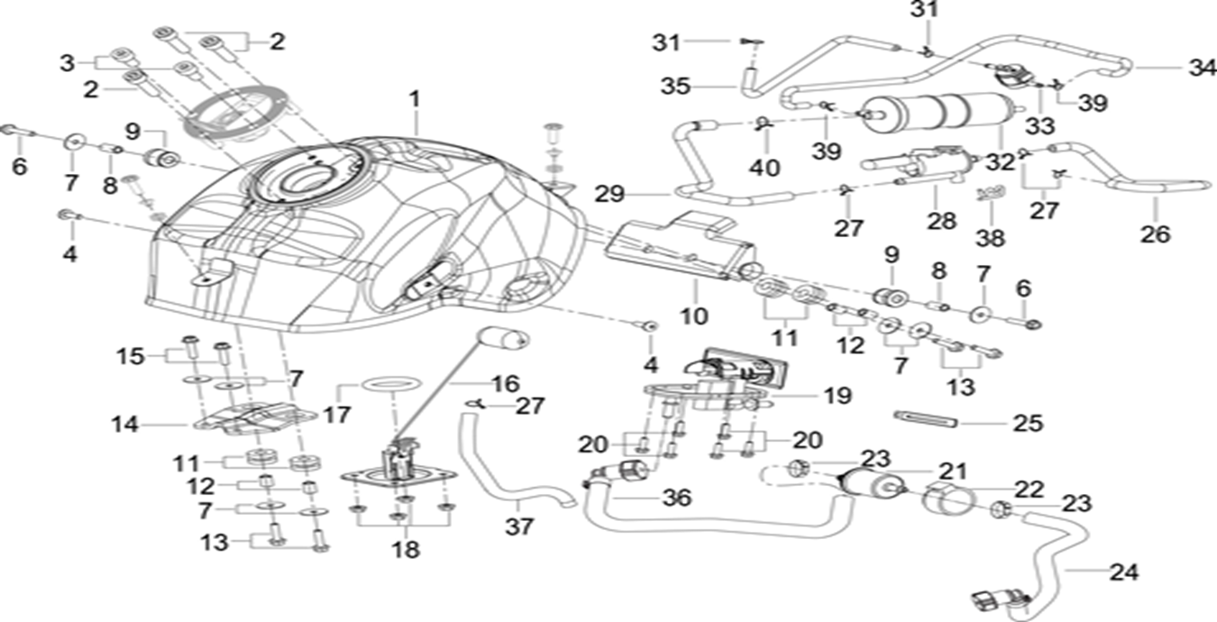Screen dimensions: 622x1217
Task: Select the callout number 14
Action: [x=126, y=423]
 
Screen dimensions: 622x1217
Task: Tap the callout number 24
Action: [x=1123, y=572]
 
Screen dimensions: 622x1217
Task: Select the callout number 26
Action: [x=1155, y=234]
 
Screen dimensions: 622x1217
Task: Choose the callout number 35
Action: [x=675, y=87]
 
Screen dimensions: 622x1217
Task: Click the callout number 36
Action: [x=675, y=498]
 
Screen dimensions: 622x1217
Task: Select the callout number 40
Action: [x=769, y=168]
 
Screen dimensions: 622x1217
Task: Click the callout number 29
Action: [x=609, y=193]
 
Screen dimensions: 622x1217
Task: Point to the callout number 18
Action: [x=406, y=549]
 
